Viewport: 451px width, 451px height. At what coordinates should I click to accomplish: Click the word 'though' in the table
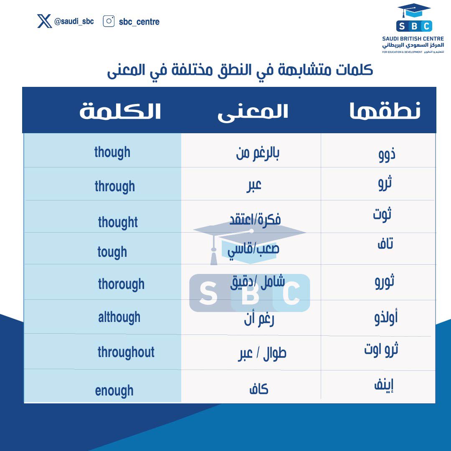[112, 152]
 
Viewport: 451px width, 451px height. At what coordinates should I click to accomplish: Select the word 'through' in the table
[114, 186]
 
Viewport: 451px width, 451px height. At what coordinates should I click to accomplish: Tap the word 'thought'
[118, 222]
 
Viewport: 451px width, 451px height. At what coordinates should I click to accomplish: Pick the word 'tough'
[112, 252]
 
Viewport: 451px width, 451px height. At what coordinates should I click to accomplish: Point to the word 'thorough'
[121, 284]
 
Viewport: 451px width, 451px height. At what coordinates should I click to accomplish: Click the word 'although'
[119, 317]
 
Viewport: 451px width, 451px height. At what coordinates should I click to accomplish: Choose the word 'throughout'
[126, 352]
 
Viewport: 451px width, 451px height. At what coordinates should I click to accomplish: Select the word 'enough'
[114, 391]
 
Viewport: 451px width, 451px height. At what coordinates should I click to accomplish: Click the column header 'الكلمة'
[120, 111]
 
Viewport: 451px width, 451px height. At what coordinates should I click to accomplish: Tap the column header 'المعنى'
[253, 112]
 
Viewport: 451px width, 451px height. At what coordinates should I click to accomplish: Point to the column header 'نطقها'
[385, 111]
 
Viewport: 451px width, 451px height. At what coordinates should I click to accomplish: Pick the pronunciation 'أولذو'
[385, 318]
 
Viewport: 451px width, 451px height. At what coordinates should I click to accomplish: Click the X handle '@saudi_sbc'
[74, 21]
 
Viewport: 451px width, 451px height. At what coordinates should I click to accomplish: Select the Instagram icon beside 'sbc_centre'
[109, 21]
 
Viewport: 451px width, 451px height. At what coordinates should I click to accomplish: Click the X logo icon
[44, 21]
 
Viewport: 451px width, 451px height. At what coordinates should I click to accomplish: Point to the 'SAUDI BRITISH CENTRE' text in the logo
[413, 39]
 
